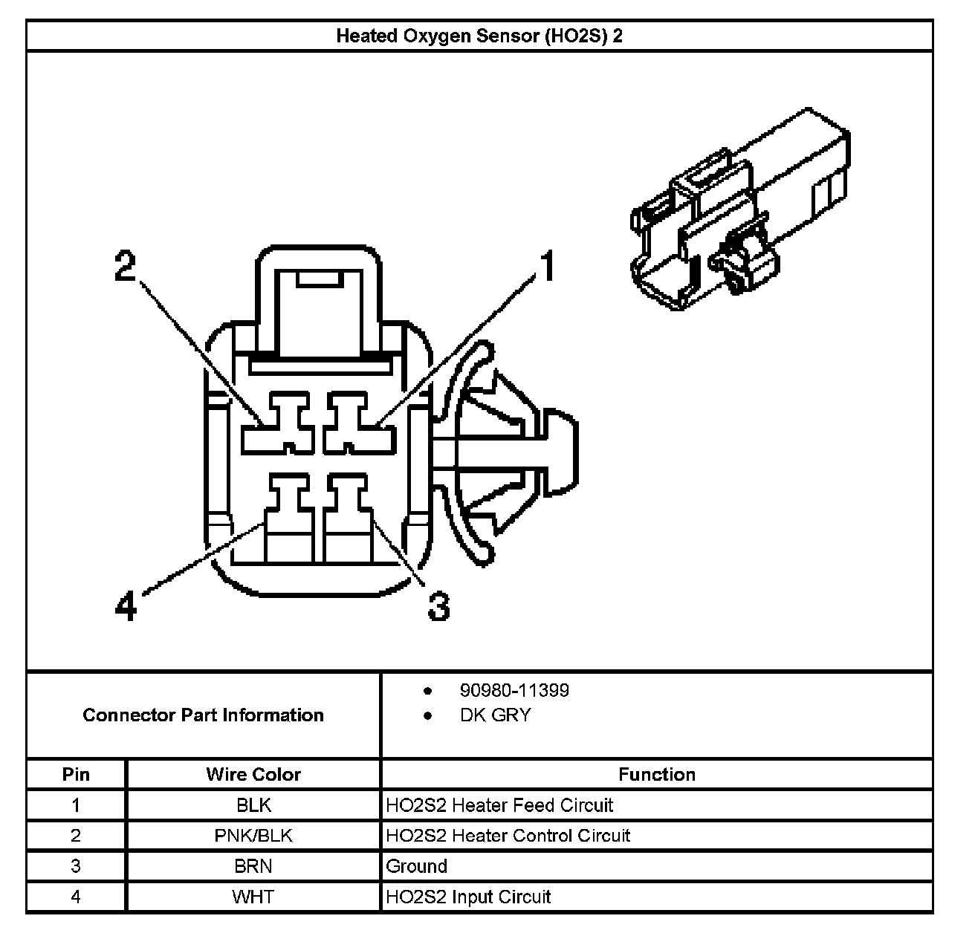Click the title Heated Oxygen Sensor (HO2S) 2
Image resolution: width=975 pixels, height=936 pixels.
[x=479, y=36]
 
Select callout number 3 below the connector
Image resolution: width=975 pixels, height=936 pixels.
[x=438, y=605]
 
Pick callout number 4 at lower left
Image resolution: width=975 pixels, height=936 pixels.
[x=126, y=605]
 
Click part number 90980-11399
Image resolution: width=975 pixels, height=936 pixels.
[x=514, y=690]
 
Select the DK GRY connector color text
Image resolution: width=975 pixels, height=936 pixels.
[x=495, y=715]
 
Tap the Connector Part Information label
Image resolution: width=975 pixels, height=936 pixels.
[x=203, y=715]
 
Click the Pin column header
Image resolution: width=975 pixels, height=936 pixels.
[x=76, y=774]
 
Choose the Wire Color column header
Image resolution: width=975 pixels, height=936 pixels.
[x=253, y=774]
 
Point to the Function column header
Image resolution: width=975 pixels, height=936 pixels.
[x=656, y=774]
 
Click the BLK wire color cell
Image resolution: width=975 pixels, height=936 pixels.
[x=253, y=805]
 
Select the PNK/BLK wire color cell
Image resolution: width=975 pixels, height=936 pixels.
[x=253, y=836]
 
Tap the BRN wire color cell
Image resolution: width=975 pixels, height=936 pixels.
[x=253, y=866]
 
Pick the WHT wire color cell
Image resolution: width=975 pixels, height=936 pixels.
[x=253, y=897]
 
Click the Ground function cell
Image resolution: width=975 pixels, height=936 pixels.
[x=417, y=866]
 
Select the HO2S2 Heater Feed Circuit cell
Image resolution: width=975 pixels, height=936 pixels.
[x=499, y=805]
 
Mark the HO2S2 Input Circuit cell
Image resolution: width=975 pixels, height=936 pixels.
[x=468, y=897]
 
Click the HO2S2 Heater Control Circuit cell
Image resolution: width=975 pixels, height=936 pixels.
[x=508, y=836]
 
